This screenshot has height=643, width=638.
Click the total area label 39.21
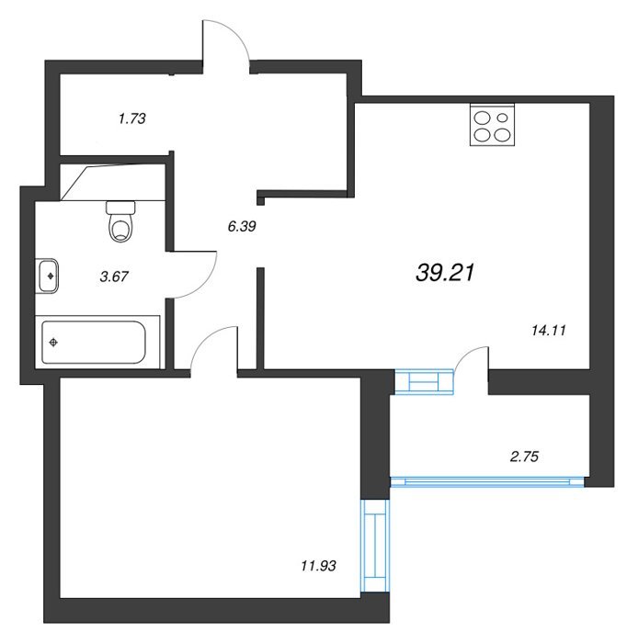point(445,272)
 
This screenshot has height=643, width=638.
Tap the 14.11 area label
point(549,330)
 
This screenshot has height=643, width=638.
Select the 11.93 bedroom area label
point(318,566)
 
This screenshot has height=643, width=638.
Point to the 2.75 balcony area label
point(524,457)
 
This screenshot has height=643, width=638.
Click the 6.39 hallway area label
point(242,226)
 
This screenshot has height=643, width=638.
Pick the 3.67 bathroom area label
point(114,276)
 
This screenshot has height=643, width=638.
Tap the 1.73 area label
point(131,118)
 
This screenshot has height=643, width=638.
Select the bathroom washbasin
point(47,276)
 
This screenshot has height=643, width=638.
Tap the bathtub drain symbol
point(53,342)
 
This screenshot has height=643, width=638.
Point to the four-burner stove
point(492,125)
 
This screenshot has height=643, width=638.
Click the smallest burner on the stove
point(502,118)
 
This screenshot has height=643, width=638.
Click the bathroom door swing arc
point(207,283)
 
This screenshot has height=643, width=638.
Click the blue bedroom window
point(375,546)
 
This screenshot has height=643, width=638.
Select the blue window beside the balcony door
point(424,382)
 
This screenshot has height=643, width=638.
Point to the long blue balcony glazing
point(487,482)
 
